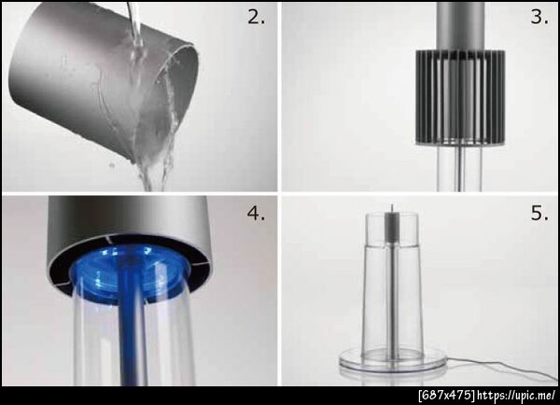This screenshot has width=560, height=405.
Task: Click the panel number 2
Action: click(256, 17)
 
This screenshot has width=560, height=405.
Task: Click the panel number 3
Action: click(539, 17)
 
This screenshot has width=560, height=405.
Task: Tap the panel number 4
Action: click(256, 213)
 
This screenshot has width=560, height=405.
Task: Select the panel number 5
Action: click(539, 213)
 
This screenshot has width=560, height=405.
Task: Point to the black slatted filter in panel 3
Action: click(460, 97)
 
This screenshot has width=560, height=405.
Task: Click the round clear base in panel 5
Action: click(393, 360)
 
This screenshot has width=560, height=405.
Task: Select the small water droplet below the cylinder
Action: click(112, 165)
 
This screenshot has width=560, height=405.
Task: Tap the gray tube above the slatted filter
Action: click(461, 26)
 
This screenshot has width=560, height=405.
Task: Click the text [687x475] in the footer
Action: click(446, 396)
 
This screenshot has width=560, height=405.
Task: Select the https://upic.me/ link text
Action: click(516, 396)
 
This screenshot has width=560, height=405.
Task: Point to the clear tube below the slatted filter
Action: click(459, 168)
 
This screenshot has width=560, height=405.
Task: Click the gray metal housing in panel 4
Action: click(129, 229)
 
